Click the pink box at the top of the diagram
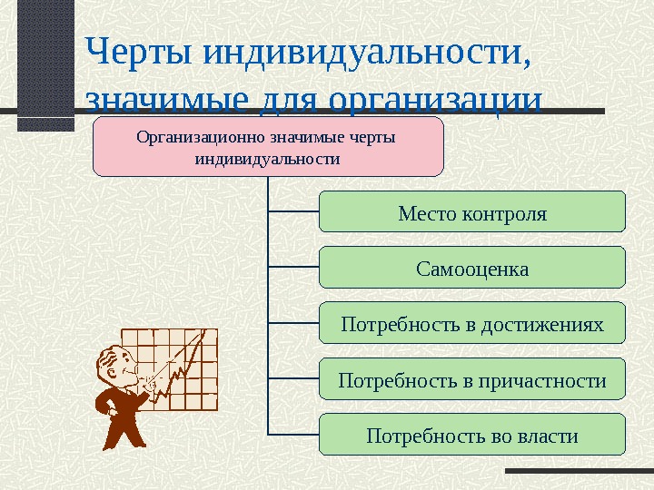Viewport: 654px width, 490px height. point(268,146)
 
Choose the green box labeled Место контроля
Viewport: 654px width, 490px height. point(473,212)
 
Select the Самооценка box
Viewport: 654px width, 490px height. point(473,269)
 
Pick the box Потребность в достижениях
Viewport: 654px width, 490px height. point(473,323)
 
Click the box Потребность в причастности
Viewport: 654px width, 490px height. point(473,379)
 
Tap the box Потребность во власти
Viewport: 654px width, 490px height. point(473,435)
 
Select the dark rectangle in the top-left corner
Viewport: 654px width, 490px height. point(45,64)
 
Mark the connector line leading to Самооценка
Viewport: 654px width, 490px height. point(294,268)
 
